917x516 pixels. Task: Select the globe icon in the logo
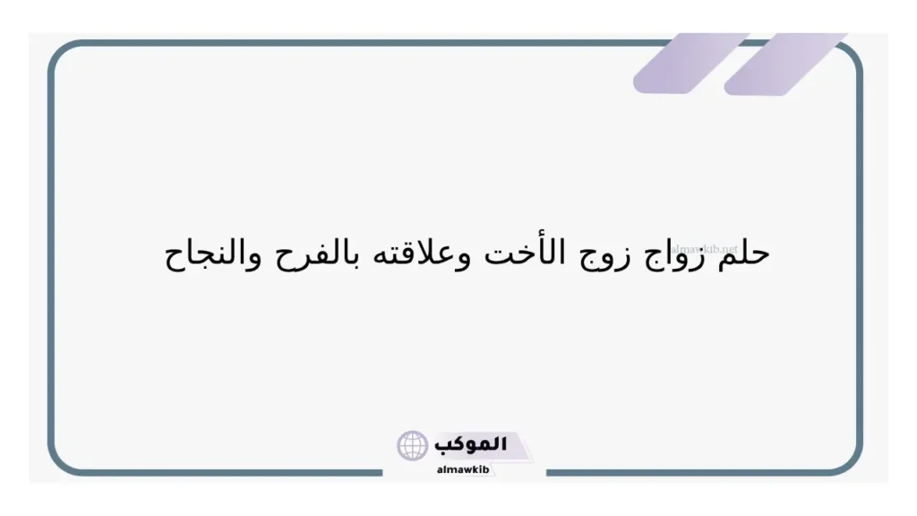[x=413, y=445]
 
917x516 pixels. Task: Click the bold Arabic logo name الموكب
[x=471, y=443]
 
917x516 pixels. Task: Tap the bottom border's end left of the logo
[x=381, y=472]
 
